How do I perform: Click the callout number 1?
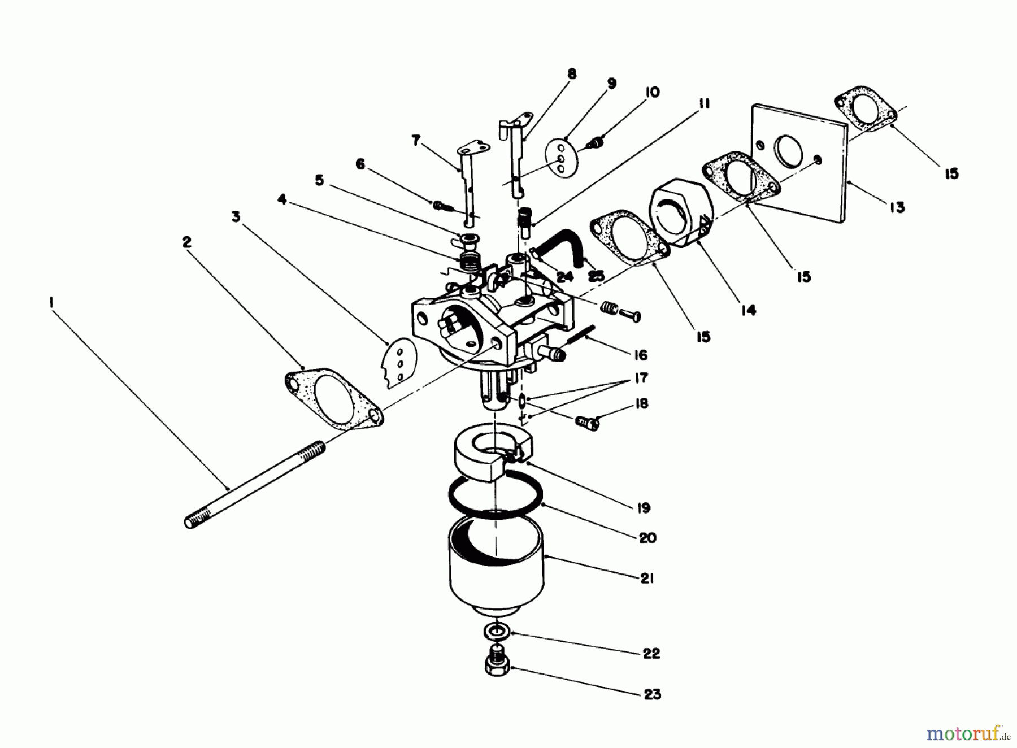51,303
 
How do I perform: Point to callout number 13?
896,207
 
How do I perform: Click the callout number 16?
641,355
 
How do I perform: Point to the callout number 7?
416,140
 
